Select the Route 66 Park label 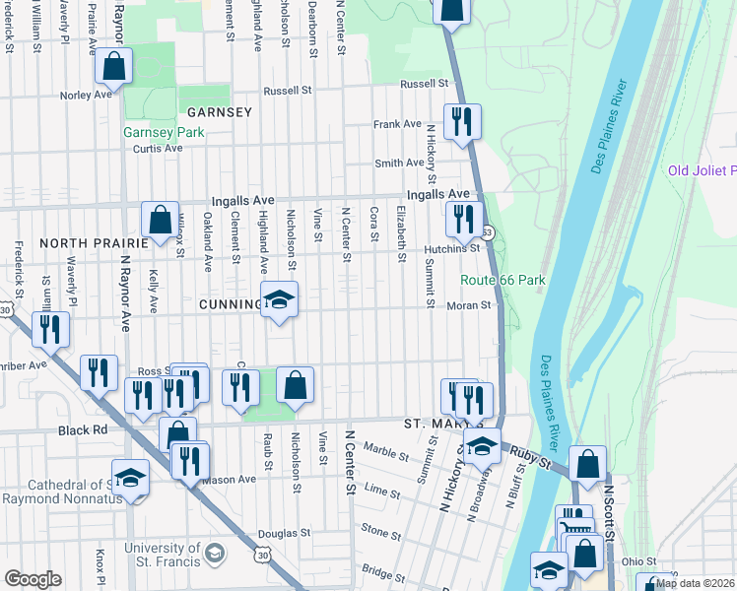(x=502, y=281)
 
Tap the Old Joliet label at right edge (x=702, y=170)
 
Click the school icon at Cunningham (x=279, y=300)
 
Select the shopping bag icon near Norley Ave (x=114, y=68)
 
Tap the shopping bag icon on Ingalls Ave (x=160, y=221)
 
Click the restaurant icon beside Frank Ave (x=461, y=122)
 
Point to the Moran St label (x=470, y=306)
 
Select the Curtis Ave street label (x=159, y=149)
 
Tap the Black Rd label (x=82, y=430)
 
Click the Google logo (x=33, y=579)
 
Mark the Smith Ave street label (x=399, y=164)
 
